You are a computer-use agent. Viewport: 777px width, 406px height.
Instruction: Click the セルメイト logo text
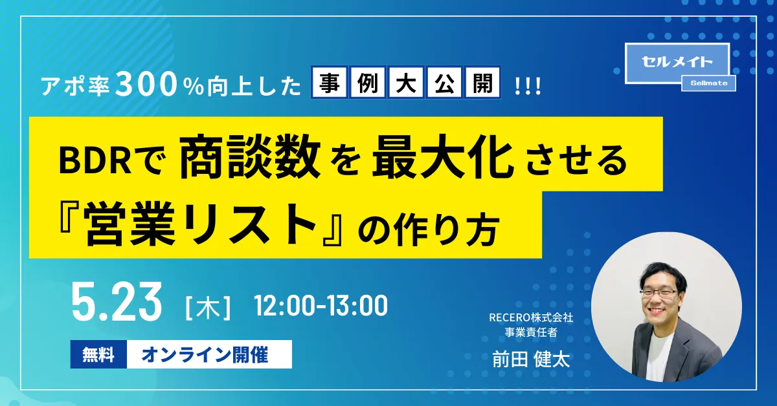point(677,62)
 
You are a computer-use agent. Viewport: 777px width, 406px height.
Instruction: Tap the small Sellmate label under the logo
point(708,83)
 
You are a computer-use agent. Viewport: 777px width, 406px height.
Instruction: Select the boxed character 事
point(329,83)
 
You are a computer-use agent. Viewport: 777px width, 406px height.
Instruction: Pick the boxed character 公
point(444,83)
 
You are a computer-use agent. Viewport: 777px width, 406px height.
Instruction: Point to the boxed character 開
point(482,83)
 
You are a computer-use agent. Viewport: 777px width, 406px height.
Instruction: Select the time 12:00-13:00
point(321,306)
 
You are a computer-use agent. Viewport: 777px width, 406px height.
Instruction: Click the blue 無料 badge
point(98,354)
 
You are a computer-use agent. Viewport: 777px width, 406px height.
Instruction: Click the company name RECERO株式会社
point(531,317)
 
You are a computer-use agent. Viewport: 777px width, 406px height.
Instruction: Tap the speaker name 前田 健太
point(531,359)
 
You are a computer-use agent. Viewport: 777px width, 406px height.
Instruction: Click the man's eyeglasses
point(659,293)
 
